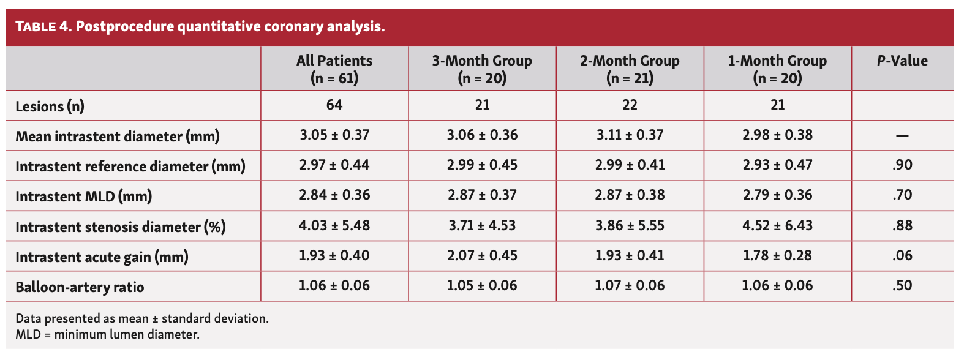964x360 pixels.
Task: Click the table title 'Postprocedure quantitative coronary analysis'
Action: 230,27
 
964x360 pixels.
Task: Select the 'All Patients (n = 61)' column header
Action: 334,69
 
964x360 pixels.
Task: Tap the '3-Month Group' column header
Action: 482,69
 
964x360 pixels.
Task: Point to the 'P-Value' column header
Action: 902,61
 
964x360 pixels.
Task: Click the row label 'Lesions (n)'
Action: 50,107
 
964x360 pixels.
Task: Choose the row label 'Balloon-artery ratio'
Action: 80,287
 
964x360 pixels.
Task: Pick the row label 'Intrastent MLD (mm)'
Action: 83,197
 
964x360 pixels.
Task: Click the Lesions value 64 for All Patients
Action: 334,105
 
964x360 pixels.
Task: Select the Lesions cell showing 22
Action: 630,105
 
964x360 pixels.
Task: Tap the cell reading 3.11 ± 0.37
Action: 630,135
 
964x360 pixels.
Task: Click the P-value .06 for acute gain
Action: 902,255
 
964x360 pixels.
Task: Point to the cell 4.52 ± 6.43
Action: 777,225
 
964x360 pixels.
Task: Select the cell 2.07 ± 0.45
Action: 482,255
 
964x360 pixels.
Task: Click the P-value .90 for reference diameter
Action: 902,165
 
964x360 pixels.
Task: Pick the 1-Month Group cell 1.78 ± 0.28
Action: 777,255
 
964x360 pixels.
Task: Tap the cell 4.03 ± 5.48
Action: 334,225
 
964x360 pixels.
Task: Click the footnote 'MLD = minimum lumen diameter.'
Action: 107,334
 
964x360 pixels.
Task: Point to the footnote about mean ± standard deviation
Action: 141,318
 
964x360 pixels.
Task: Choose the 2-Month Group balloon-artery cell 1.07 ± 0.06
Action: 630,285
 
